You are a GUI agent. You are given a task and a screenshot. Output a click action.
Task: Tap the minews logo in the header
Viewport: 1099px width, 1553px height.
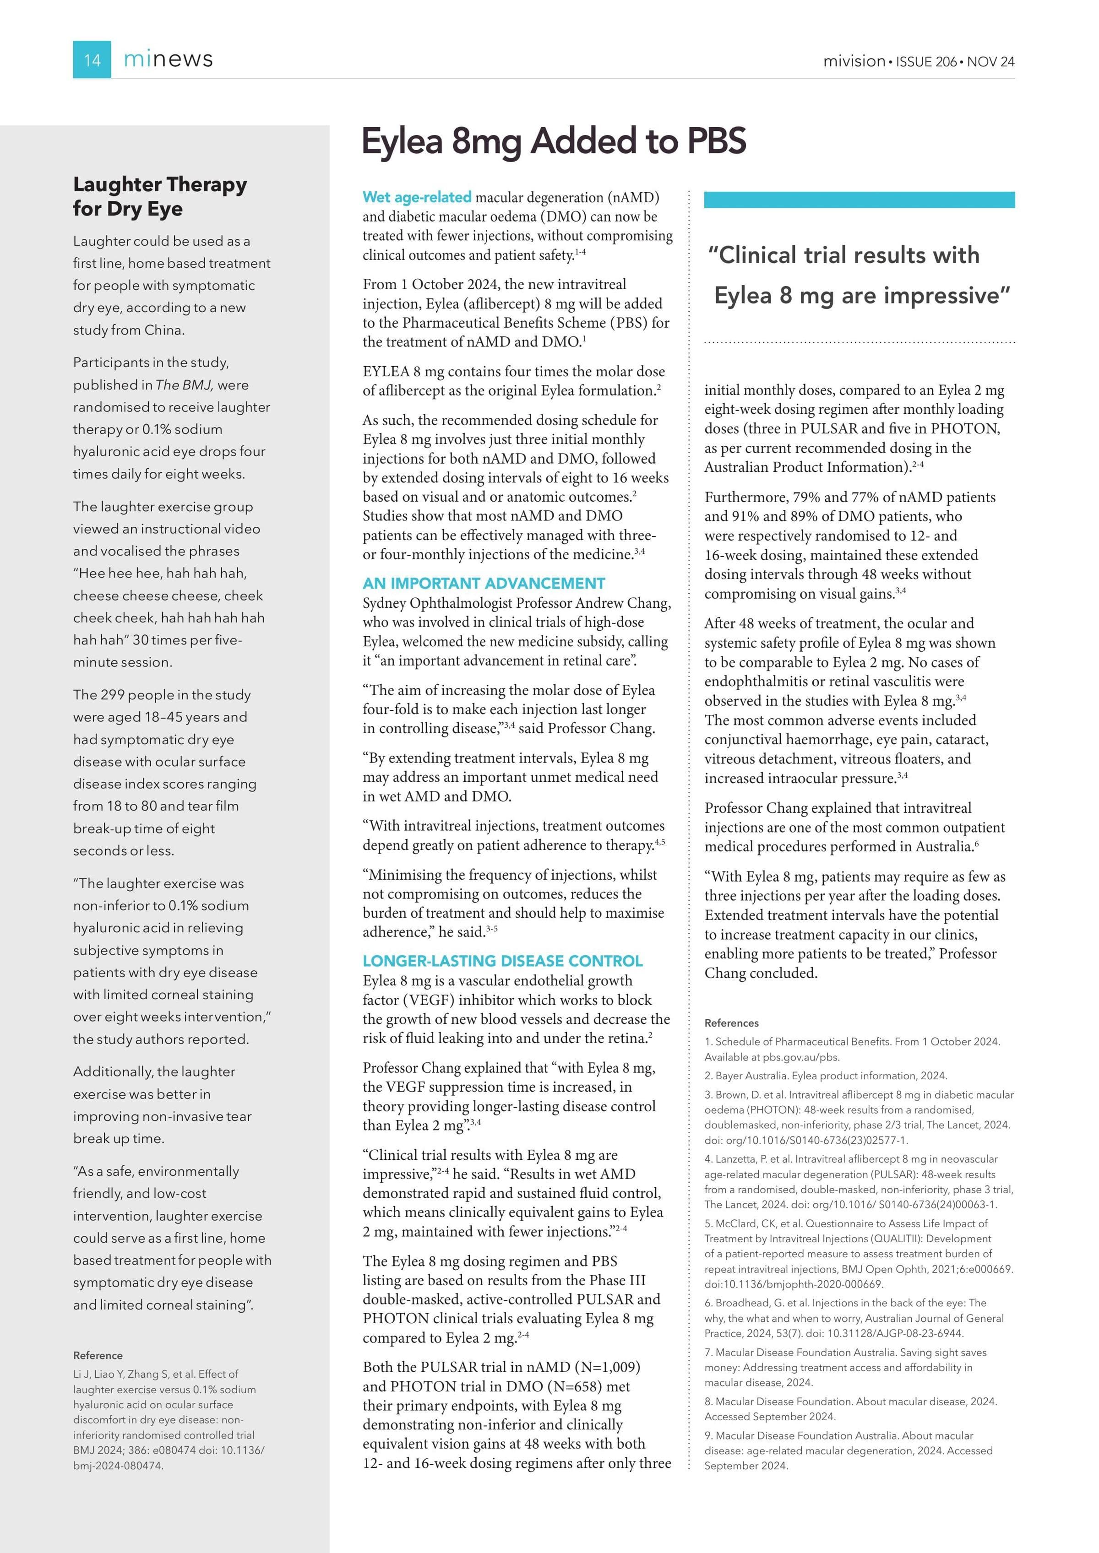point(168,60)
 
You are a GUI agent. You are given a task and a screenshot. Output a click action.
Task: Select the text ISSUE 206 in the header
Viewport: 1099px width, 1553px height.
point(926,61)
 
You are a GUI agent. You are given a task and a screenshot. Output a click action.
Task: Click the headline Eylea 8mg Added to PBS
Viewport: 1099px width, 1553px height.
point(554,141)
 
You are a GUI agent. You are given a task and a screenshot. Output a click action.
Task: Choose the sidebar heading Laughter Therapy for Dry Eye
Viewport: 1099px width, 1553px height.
point(160,196)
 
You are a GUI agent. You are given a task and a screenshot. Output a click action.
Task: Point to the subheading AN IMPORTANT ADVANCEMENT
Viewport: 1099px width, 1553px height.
point(483,583)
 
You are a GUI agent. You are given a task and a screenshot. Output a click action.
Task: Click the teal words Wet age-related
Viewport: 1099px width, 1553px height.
point(417,198)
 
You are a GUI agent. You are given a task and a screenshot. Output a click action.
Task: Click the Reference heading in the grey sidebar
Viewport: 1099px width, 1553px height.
point(98,1355)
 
